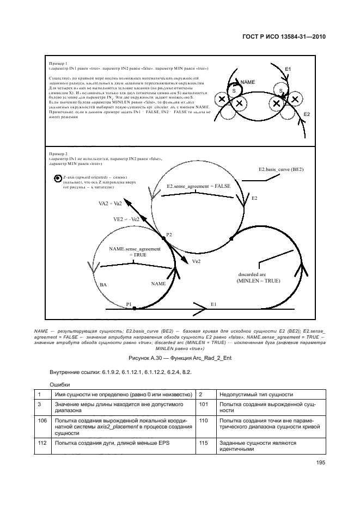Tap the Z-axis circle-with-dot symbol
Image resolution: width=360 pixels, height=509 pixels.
[x=57, y=178]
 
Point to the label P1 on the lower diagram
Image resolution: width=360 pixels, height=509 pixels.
[x=129, y=304]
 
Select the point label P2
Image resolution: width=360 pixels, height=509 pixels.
[x=169, y=235]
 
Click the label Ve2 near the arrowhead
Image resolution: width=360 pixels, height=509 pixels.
[x=197, y=261]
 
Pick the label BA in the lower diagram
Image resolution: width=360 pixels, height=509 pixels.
[x=103, y=284]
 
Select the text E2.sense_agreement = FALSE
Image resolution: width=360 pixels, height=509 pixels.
[x=198, y=186]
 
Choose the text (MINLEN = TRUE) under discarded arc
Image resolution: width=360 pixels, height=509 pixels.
[x=258, y=281]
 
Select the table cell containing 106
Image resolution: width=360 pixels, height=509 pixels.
[x=42, y=420]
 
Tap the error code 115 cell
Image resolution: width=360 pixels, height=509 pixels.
[x=204, y=443]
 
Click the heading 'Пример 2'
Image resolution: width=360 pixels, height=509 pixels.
[x=58, y=154]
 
